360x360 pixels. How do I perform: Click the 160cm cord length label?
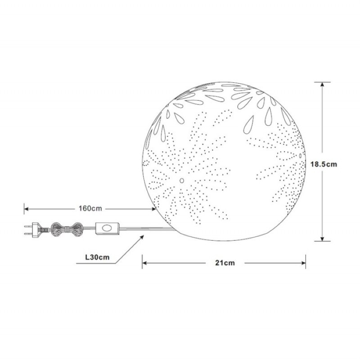pos(90,208)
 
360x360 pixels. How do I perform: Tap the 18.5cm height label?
pos(324,164)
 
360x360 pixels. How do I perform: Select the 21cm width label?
pos(225,263)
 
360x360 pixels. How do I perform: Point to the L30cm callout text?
pos(97,257)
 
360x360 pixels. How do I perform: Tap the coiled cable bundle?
pos(67,229)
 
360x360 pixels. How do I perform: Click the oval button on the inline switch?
pos(107,228)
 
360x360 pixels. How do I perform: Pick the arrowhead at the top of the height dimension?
pos(322,84)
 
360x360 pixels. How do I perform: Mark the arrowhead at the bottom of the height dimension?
pos(322,239)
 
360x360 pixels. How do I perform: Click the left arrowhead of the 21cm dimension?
pos(144,263)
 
